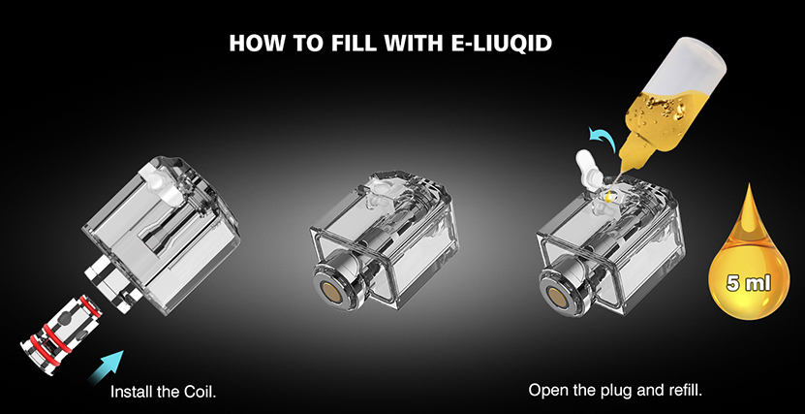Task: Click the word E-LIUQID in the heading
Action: (502, 44)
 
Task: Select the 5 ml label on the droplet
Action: (749, 282)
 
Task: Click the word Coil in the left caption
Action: (200, 392)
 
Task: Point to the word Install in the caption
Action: (132, 392)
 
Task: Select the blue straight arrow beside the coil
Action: (107, 367)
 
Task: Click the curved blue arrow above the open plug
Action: (603, 139)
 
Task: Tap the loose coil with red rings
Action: (59, 331)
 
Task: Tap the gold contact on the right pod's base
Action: (555, 296)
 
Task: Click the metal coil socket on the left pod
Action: (114, 283)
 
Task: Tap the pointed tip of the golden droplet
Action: (748, 185)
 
